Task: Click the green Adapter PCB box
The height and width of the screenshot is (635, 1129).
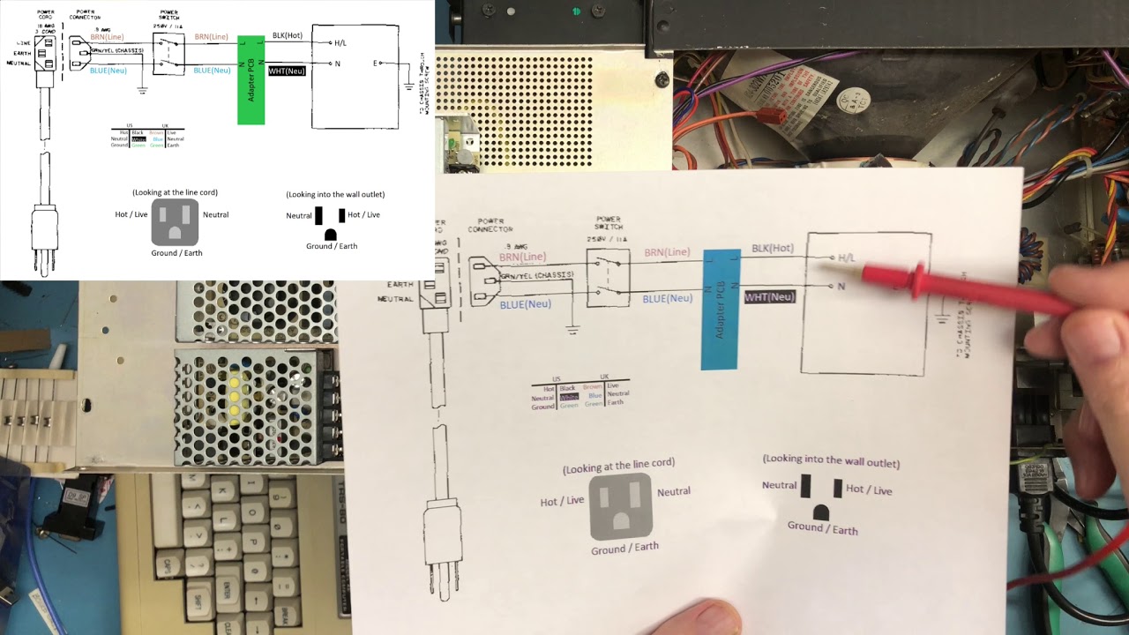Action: click(x=250, y=79)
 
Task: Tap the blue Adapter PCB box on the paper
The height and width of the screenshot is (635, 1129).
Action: click(x=720, y=309)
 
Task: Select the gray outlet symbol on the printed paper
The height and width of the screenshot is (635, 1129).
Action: click(x=621, y=506)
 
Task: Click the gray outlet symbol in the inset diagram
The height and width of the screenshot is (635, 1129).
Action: click(x=175, y=221)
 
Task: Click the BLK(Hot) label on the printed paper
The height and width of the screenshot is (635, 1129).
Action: click(x=772, y=249)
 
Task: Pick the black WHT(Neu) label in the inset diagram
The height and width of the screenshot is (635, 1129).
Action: click(x=287, y=71)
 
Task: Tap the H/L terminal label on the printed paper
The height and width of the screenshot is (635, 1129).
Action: click(x=846, y=258)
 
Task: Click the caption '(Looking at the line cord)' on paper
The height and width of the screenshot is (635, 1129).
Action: click(x=618, y=465)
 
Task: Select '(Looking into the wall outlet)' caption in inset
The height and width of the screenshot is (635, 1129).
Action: click(x=335, y=194)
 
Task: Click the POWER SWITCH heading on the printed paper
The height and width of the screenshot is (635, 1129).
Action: click(x=609, y=222)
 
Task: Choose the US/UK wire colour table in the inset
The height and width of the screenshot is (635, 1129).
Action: click(x=146, y=136)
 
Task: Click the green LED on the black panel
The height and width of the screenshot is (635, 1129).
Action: click(x=577, y=11)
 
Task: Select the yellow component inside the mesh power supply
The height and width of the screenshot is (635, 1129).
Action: click(x=235, y=396)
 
